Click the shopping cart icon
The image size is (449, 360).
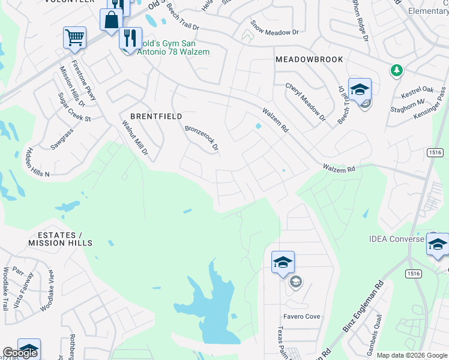[x=74, y=38]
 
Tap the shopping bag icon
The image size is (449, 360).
[x=111, y=20]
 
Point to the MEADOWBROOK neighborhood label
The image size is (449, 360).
[x=309, y=59]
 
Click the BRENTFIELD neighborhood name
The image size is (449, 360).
[x=156, y=116]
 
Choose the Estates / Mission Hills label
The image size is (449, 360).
[x=60, y=239]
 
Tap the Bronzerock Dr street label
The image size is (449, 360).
[x=202, y=138]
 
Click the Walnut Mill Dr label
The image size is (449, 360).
[x=135, y=139]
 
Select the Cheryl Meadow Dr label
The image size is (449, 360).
[x=305, y=103]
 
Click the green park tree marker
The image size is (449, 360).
[x=396, y=71]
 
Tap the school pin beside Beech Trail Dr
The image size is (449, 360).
[x=360, y=91]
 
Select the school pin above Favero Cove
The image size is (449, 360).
[x=283, y=263]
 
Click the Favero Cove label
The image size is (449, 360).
[x=302, y=316]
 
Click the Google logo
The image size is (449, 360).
[x=20, y=353]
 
